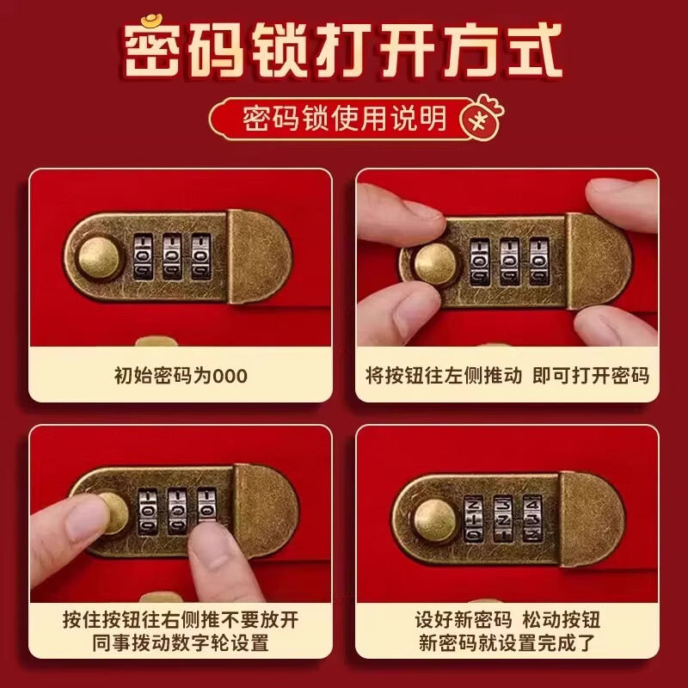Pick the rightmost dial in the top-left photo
(202, 255)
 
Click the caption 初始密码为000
(180, 376)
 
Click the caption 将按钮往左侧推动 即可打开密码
(507, 376)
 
